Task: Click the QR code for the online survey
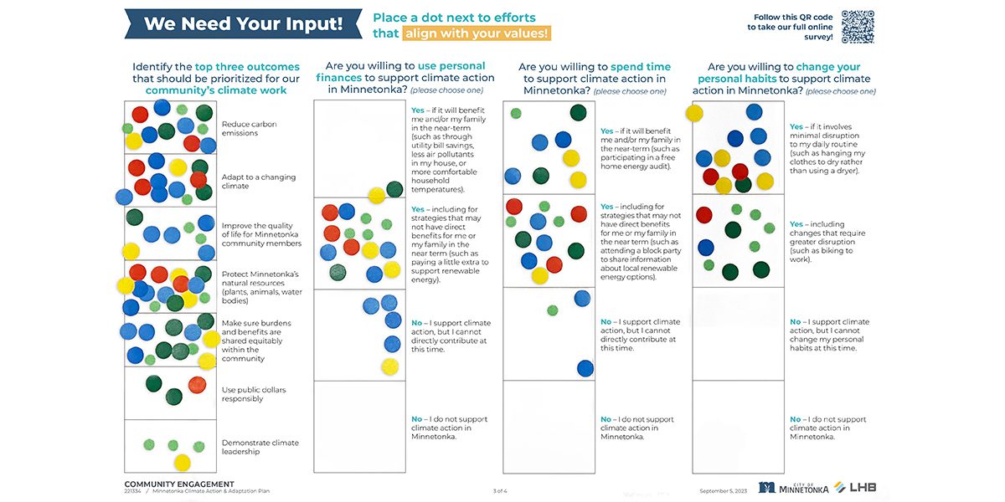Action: (x=858, y=27)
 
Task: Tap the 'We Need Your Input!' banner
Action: (x=243, y=23)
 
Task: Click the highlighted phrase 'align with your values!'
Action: (x=477, y=33)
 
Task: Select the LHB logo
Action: (x=855, y=487)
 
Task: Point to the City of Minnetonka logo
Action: (x=793, y=488)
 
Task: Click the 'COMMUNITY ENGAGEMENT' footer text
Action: (x=179, y=484)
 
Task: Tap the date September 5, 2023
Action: (x=724, y=491)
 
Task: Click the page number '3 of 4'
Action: (x=500, y=491)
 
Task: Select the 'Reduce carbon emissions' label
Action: (x=249, y=128)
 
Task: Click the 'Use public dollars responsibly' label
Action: (x=254, y=394)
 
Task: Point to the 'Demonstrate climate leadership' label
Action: (x=260, y=447)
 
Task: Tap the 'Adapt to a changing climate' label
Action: (x=259, y=181)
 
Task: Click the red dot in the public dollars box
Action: (x=197, y=385)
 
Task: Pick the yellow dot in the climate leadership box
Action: (x=183, y=462)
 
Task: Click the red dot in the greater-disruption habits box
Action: (x=704, y=215)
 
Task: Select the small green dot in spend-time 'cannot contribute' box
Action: (x=553, y=310)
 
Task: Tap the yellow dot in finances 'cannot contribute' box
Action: (x=390, y=366)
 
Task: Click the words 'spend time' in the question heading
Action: (x=641, y=67)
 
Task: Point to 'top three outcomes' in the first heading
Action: (x=247, y=67)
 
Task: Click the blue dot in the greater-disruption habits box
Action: (x=706, y=248)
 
